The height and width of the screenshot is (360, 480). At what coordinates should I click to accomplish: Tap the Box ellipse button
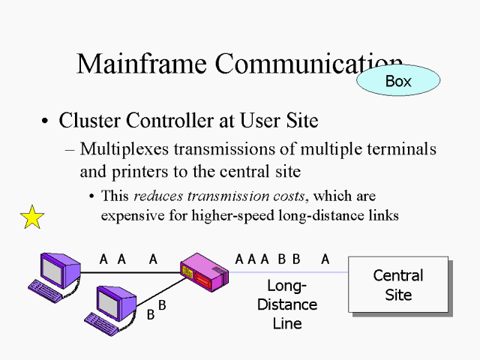pyautogui.click(x=397, y=81)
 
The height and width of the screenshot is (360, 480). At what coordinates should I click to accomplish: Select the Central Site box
pyautogui.click(x=397, y=285)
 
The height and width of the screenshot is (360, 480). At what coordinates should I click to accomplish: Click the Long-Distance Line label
pyautogui.click(x=287, y=304)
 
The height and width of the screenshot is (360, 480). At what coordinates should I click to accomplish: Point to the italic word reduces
pyautogui.click(x=159, y=196)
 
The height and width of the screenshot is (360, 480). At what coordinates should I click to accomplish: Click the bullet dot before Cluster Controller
pyautogui.click(x=46, y=121)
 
